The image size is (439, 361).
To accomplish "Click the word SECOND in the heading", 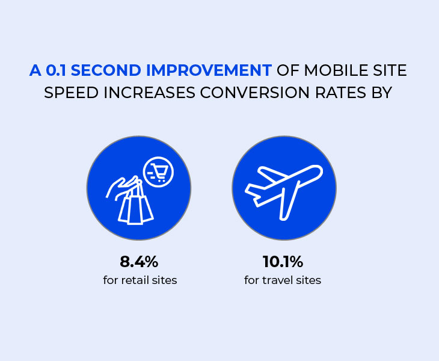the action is click(x=106, y=70).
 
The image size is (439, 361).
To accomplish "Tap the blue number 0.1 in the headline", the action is click(x=56, y=70).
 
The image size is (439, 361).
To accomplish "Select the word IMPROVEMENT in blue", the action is click(x=209, y=70).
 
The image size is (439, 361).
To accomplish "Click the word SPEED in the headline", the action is click(x=71, y=93).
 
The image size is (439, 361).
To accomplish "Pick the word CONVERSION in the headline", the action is click(x=255, y=93).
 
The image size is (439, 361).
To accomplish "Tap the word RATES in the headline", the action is click(x=340, y=93).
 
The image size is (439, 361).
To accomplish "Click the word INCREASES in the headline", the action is click(x=149, y=93).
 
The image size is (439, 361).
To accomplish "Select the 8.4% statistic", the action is click(x=139, y=262).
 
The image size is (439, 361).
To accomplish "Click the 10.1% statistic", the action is click(x=283, y=262).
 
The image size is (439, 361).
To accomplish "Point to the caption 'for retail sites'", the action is click(x=140, y=280).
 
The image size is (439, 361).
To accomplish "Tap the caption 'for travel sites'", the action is click(x=283, y=280).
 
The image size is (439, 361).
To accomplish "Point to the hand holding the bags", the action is click(x=122, y=188).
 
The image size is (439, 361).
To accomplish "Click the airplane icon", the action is click(x=284, y=192).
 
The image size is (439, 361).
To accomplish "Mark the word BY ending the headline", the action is click(x=382, y=93).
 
